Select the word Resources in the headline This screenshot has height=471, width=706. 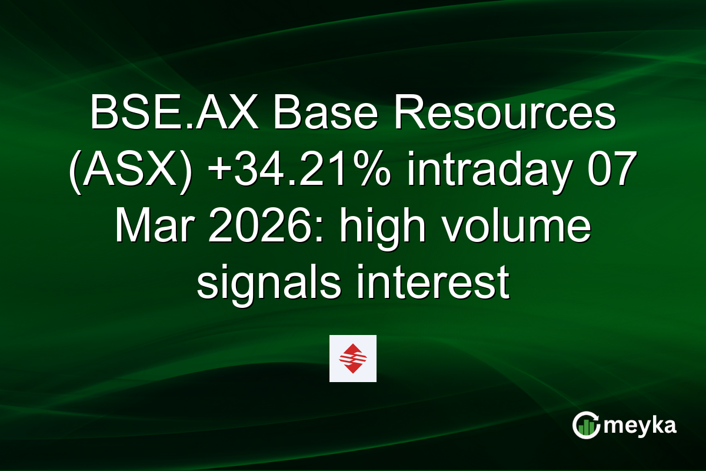point(504,114)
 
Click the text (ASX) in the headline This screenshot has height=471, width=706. point(129,171)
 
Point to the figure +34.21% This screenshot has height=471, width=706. point(291,171)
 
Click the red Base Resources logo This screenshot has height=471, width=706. point(352,359)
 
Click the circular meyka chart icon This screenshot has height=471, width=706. point(586,425)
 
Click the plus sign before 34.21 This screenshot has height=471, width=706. point(214,171)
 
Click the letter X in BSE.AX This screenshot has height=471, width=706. point(249,114)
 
